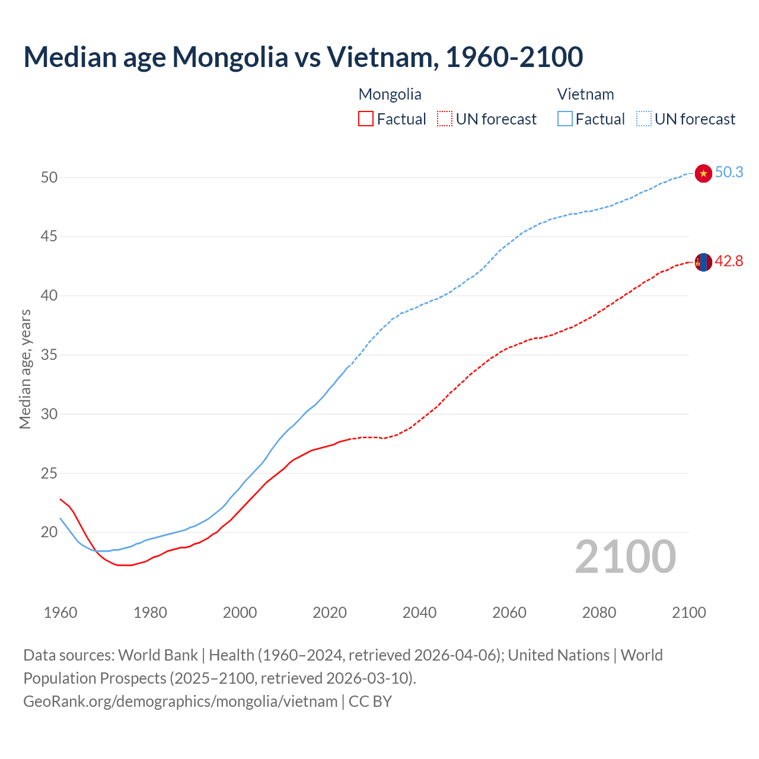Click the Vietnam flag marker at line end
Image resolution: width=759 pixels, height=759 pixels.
pos(703,173)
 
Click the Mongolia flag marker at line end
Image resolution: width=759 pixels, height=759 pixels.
pos(703,261)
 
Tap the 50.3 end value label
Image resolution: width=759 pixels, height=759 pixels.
pos(729,173)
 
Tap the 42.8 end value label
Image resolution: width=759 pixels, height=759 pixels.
pos(729,261)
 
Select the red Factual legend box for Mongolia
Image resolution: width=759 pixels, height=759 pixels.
pos(366,119)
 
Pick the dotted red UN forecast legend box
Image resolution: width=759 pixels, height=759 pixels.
pos(445,119)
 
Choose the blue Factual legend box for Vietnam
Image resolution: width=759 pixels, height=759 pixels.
pos(565,119)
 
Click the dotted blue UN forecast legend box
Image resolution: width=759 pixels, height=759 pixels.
pos(643,119)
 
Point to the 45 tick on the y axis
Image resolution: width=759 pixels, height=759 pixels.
pos(49,237)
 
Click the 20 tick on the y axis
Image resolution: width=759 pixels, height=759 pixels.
pos(49,532)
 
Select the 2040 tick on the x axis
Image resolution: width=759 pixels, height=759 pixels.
pos(419,613)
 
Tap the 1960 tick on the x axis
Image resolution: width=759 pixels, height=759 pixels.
pos(60,613)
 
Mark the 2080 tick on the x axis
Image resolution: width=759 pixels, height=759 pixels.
pos(599,613)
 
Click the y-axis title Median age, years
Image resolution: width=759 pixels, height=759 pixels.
pos(25,369)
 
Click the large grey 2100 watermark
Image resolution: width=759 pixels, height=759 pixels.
pos(625,557)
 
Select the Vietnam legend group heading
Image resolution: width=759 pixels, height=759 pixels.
pos(585,94)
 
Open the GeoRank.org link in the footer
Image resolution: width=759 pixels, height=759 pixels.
pos(180,701)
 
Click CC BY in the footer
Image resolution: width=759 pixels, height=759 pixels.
pos(370,701)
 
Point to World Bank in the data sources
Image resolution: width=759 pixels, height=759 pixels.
pos(158,655)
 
